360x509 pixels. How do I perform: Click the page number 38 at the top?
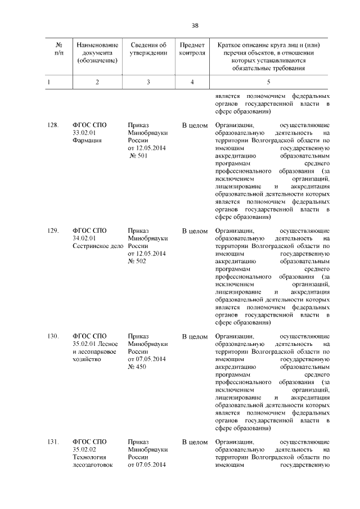[195, 25]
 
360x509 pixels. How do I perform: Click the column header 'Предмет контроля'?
[192, 49]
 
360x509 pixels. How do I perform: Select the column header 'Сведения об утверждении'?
[148, 49]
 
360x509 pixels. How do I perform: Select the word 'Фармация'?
[87, 141]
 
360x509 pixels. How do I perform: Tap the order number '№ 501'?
[138, 156]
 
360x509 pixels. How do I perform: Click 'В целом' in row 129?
[195, 231]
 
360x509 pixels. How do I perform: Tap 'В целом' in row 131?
[195, 443]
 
